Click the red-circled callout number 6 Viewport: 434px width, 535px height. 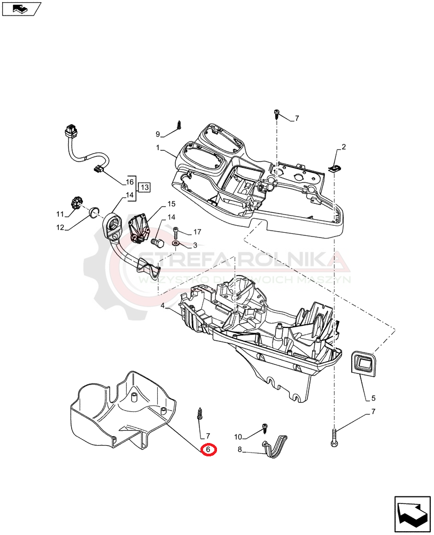[208, 450]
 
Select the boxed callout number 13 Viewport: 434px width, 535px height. [144, 187]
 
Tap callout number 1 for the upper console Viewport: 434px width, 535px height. [158, 147]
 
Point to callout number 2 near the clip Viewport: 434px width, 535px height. [344, 147]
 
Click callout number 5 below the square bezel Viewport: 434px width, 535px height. [374, 398]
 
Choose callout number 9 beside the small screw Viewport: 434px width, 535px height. [158, 134]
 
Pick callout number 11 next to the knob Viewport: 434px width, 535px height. [60, 214]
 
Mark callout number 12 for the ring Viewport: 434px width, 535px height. [60, 227]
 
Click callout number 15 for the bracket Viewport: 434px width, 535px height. [171, 204]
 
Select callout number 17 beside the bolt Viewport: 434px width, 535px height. [197, 232]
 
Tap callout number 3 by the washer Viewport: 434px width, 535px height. [195, 245]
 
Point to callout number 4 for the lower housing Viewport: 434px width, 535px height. [162, 306]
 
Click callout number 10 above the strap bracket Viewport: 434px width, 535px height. [238, 437]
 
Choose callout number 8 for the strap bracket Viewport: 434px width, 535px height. [240, 450]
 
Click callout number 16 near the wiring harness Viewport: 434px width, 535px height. [129, 181]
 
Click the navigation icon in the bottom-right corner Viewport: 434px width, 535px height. [412, 514]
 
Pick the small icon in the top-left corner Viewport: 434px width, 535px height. [21, 8]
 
